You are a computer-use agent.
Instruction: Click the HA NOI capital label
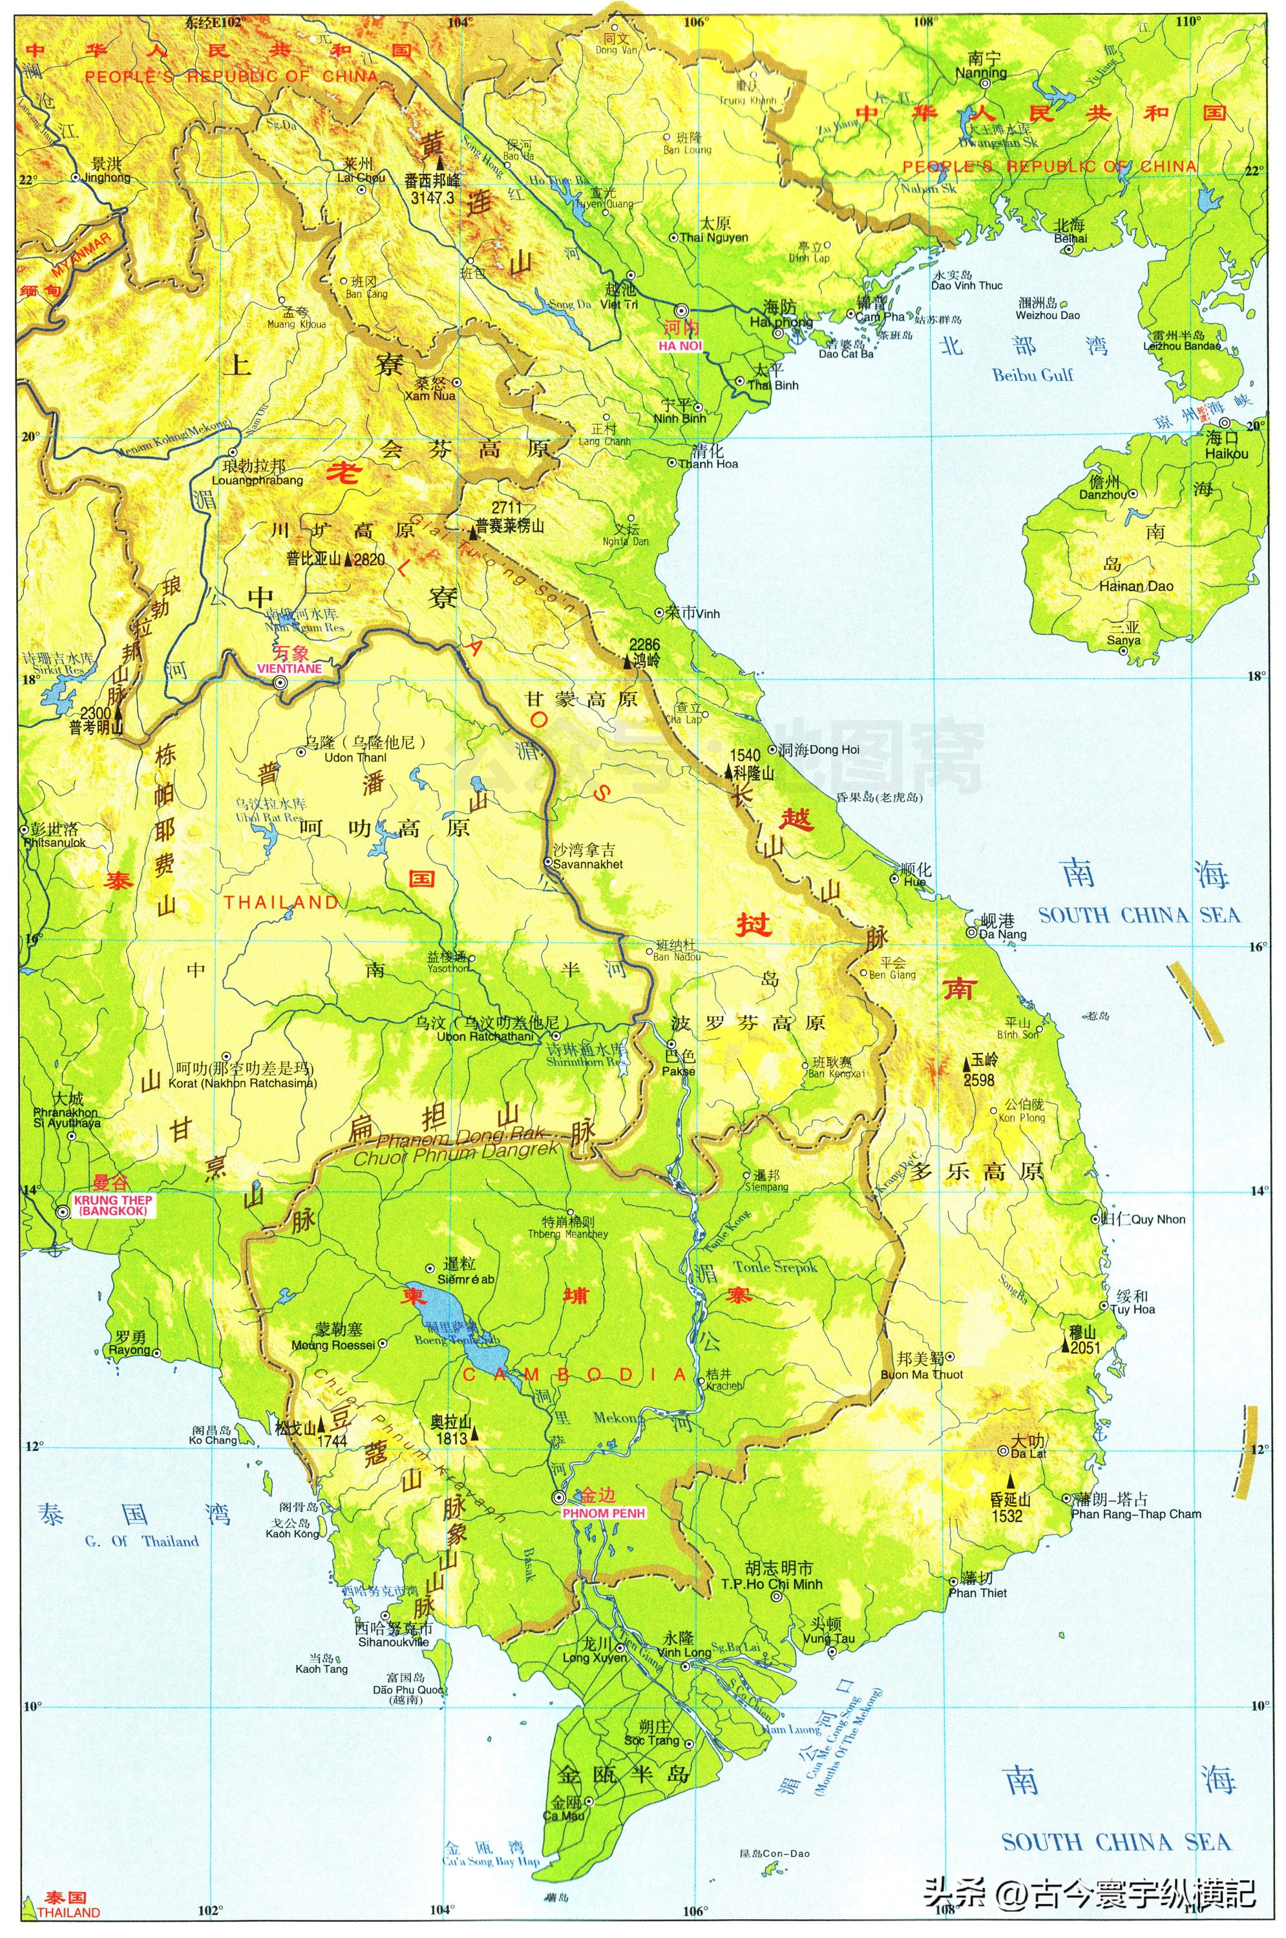coord(680,346)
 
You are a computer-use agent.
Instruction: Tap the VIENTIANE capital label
coord(289,668)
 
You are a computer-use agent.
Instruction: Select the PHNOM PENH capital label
coord(604,1512)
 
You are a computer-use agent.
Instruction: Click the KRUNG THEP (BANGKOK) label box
coord(112,1205)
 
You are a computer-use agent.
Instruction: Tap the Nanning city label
coord(980,73)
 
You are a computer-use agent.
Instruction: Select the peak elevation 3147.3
coord(432,198)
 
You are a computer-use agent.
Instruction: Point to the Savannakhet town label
coord(587,864)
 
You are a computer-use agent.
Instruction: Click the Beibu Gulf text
coord(1033,375)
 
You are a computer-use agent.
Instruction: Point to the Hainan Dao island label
coord(1136,586)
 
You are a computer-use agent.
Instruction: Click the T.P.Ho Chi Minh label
coord(771,1584)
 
